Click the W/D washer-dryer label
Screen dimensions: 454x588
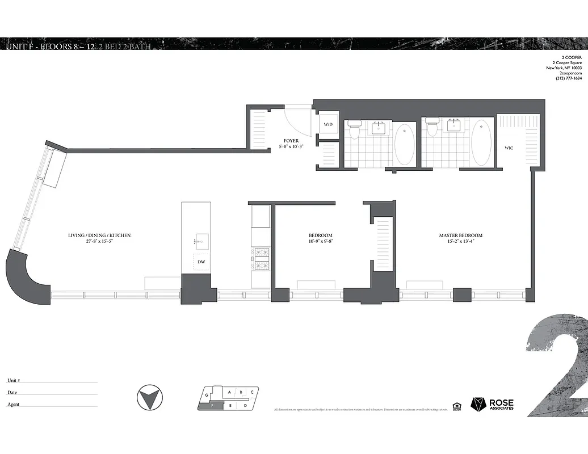coord(328,124)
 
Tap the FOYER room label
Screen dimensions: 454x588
coord(291,140)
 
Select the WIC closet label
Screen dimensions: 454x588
coord(509,149)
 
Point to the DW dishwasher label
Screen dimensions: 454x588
coord(201,262)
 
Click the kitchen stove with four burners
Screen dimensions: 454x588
coord(262,258)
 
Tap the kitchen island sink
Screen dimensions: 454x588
coord(201,240)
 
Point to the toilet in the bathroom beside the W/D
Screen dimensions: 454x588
coord(355,130)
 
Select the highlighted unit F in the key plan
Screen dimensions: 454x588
coord(212,406)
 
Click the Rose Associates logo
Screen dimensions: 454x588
coord(493,403)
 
